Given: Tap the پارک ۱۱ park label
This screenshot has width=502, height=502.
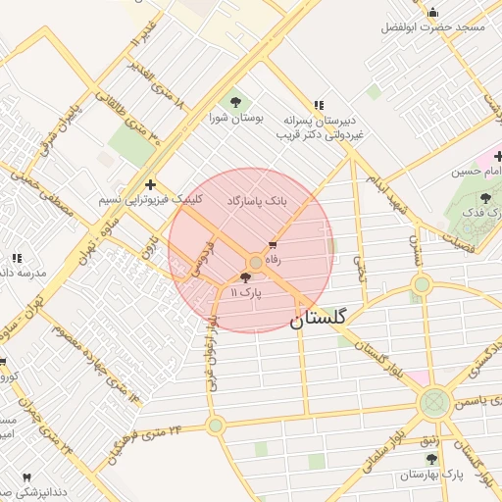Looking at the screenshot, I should [x=246, y=293].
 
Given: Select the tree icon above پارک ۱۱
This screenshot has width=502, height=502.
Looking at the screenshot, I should [x=245, y=278].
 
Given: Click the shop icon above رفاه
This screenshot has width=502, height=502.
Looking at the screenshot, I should [x=273, y=245].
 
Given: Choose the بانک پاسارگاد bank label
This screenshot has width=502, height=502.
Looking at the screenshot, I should [x=258, y=199].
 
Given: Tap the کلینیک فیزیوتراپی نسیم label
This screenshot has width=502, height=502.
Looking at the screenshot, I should [x=151, y=199].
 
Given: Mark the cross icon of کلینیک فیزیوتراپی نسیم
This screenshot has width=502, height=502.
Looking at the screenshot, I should [x=150, y=183].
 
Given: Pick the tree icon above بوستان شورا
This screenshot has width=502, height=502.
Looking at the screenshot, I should [x=234, y=102].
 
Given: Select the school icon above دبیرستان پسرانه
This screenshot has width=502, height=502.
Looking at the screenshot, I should [x=319, y=105].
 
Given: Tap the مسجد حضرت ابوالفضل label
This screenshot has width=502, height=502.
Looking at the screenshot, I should [x=433, y=26].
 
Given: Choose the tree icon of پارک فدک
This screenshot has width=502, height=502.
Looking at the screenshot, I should [x=486, y=198].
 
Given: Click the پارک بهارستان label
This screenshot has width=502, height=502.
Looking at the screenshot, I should [x=431, y=475].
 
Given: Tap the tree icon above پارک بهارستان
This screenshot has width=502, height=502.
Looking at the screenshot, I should [x=431, y=459].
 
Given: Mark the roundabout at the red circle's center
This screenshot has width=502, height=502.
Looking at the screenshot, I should [x=256, y=262].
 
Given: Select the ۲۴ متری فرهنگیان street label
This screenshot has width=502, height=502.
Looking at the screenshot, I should [x=147, y=430].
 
